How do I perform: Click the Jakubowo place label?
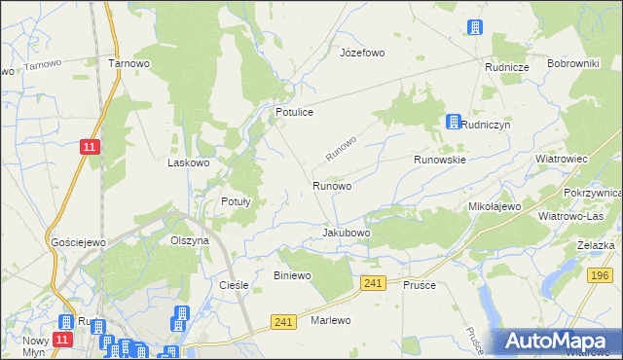(x=346, y=234)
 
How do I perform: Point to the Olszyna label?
(x=190, y=240)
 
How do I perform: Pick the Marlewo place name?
(x=330, y=320)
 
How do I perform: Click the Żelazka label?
(x=594, y=246)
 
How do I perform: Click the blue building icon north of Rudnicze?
(x=475, y=28)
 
